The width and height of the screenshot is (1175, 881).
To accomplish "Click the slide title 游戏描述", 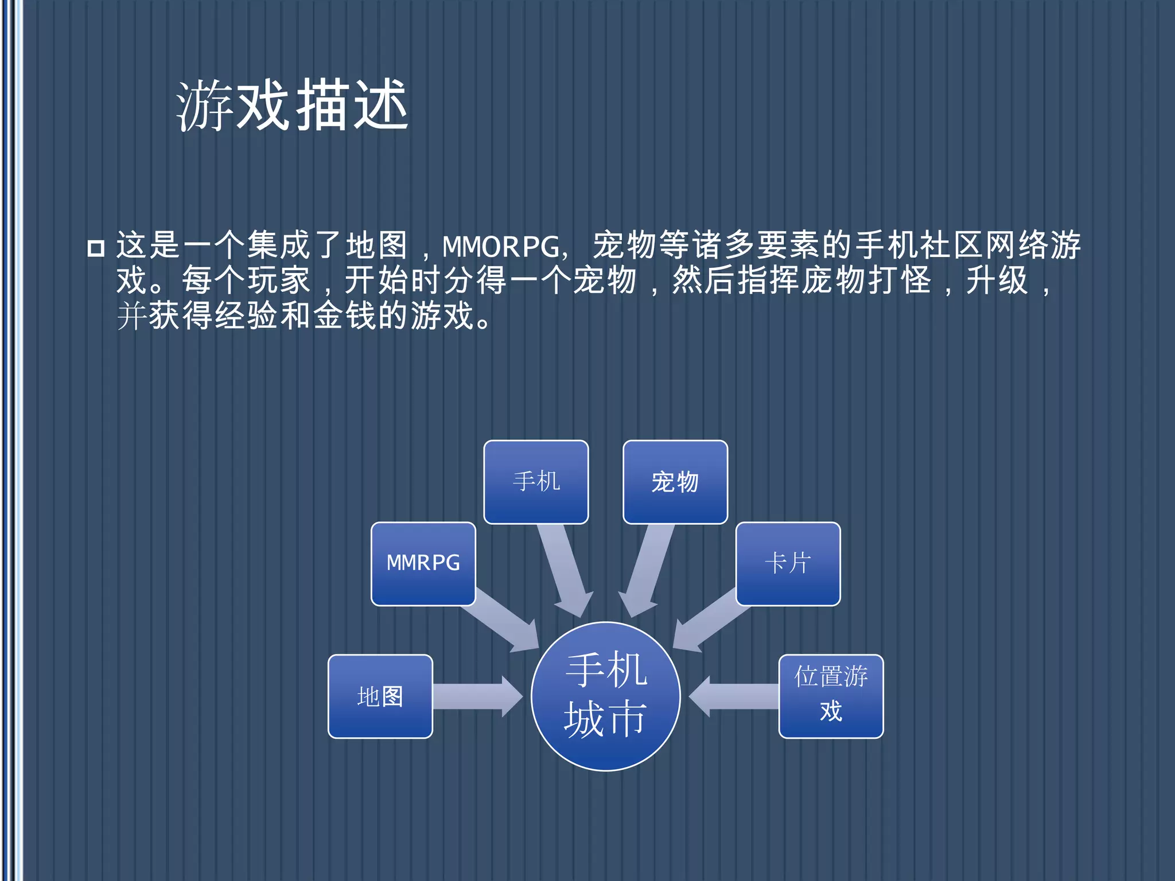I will coord(292,106).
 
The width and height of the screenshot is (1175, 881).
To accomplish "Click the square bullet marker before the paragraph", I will coord(96,248).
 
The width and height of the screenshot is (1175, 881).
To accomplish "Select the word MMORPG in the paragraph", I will coord(501,247).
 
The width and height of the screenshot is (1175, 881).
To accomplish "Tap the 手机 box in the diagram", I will coord(536,482).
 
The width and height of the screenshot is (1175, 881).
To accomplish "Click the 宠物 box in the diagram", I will coord(675,482).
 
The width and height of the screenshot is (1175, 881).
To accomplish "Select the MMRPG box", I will coord(423,563).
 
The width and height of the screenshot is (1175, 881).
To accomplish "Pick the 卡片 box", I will coord(788,563).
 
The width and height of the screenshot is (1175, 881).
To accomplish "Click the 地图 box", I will coord(380,696).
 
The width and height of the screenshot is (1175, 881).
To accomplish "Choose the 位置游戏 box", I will coord(831,695).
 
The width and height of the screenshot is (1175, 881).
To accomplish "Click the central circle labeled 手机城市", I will coord(605,696).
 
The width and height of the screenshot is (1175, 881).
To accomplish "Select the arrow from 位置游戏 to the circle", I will coord(734,696).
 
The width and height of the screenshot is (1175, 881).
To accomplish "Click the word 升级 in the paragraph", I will coord(997,281).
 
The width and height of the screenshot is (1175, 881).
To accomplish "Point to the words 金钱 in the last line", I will coord(345,316).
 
